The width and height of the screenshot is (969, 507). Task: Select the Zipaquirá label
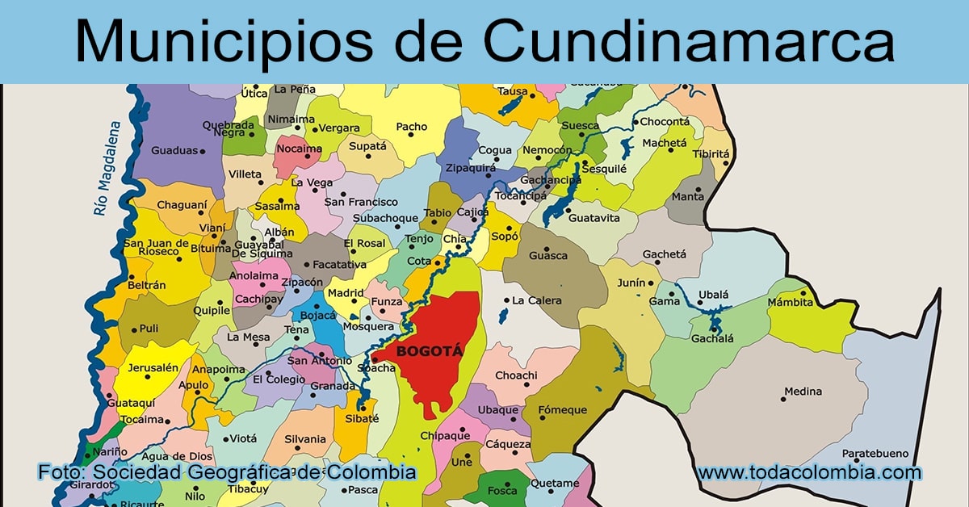pos(471,168)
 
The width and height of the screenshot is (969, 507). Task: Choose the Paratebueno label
pos(875,454)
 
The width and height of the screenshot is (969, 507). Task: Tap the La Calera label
pos(536,300)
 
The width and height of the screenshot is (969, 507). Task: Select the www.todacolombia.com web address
pos(809,472)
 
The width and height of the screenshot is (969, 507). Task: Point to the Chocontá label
pos(665,122)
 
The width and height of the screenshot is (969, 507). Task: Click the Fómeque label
pos(563,410)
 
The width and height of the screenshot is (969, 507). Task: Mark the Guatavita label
pos(594,218)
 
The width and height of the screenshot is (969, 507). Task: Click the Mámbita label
pos(790,304)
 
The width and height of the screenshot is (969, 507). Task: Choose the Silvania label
pos(305,439)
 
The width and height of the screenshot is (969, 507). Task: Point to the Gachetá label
pos(664,254)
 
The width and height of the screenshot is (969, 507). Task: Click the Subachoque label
pos(385,218)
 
